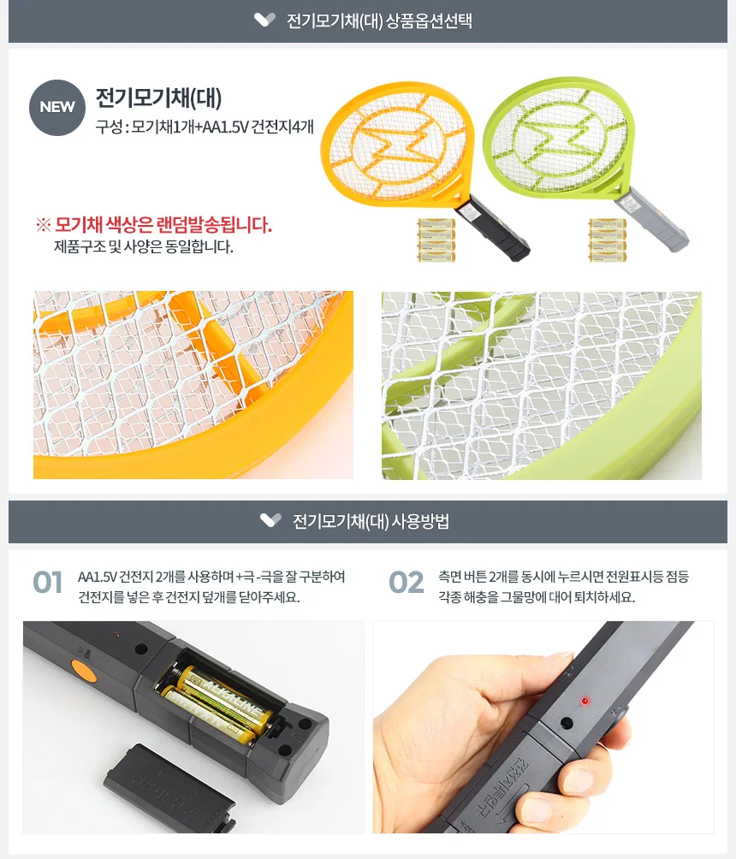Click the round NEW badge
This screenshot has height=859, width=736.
click(x=57, y=108)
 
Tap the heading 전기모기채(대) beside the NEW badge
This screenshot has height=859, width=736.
click(x=159, y=98)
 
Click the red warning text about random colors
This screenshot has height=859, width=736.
click(x=154, y=225)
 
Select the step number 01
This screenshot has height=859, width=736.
click(x=48, y=583)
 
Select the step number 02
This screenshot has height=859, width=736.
click(x=407, y=583)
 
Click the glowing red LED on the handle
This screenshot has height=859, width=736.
click(x=585, y=702)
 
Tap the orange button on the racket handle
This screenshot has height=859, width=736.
click(x=83, y=671)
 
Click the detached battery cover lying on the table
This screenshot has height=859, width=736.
click(x=169, y=788)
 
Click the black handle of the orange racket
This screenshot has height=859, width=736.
click(x=492, y=228)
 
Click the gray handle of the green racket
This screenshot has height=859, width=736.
click(x=651, y=219)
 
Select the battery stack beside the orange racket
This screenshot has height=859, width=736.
click(x=436, y=240)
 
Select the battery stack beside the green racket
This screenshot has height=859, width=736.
click(x=608, y=240)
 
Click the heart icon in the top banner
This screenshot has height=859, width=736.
click(x=264, y=21)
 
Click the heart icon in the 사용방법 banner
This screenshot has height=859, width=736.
click(x=270, y=520)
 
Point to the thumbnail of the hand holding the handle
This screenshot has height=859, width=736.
click(x=543, y=727)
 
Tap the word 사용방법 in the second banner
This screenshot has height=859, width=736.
click(x=420, y=521)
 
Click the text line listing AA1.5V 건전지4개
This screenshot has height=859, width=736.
click(x=205, y=127)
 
